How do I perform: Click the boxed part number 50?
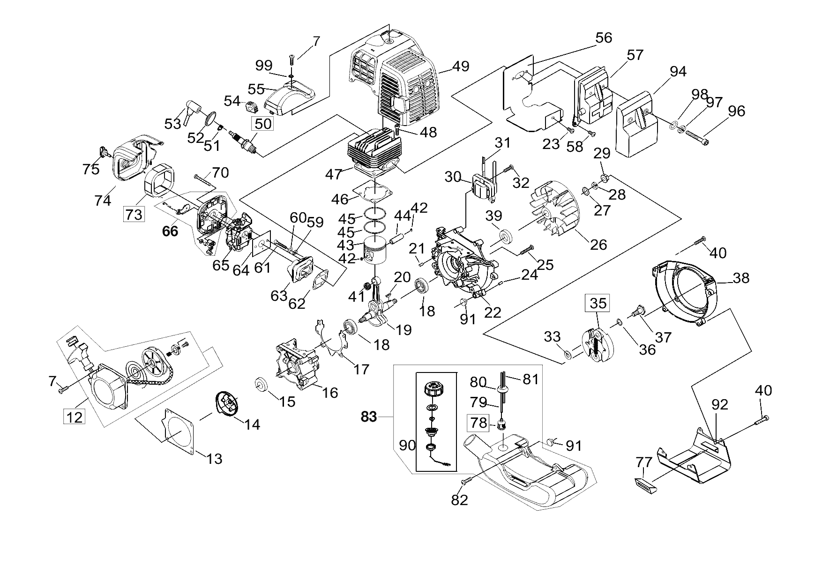(263, 124)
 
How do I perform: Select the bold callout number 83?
(369, 417)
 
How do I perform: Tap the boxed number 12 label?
(75, 416)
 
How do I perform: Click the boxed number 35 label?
(598, 303)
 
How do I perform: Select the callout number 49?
(461, 66)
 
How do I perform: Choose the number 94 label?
(678, 71)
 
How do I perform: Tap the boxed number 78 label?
(479, 423)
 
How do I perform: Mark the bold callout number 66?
(170, 231)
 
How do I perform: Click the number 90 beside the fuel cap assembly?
(407, 445)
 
